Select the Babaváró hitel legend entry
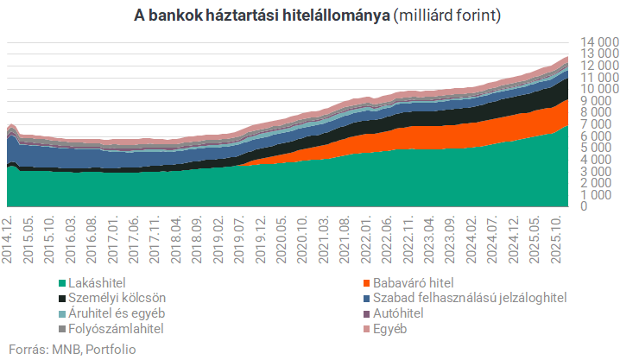point(411,282)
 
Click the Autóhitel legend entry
point(404,313)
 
